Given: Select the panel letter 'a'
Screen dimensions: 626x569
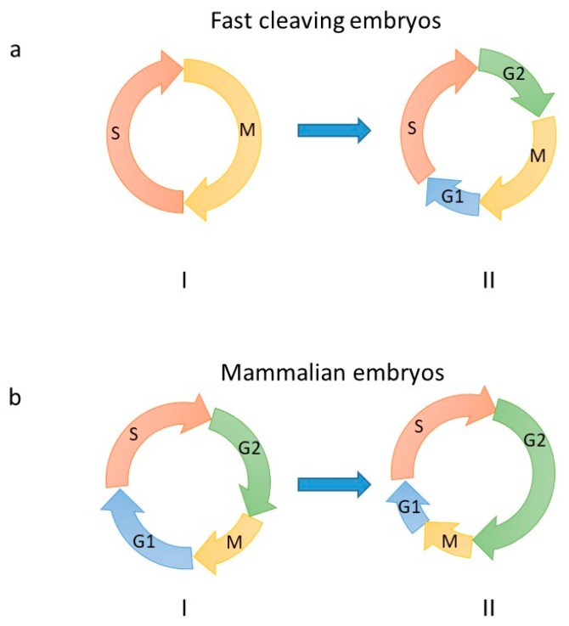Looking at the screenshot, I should [14, 51].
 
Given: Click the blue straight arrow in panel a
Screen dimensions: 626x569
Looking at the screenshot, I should [335, 130].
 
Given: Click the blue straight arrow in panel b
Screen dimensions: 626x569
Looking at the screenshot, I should [335, 484].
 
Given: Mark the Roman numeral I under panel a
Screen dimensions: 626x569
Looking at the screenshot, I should [184, 279].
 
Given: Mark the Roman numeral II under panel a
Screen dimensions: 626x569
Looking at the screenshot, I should [487, 279].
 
